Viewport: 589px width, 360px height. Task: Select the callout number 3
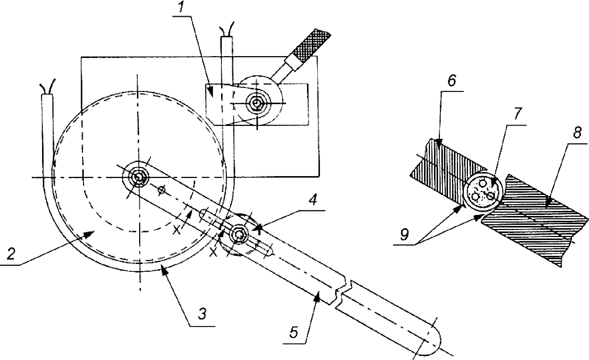[202, 314]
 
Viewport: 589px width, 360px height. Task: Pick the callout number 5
[294, 332]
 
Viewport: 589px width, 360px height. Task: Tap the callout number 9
[404, 234]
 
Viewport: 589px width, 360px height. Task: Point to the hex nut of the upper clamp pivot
[256, 103]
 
